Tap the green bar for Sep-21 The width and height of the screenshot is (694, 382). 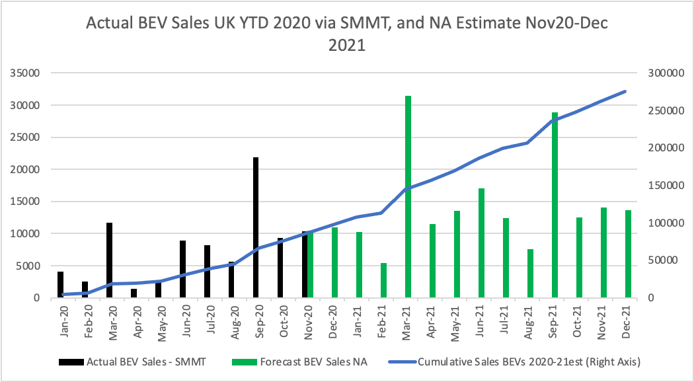coord(555,205)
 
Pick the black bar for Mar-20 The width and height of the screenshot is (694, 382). coord(109,260)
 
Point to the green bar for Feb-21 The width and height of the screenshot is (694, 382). coord(383,280)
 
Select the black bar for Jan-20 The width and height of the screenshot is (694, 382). coord(60,285)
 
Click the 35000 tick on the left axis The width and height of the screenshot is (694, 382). coord(24,73)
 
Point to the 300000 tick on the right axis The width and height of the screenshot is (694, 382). coord(663,73)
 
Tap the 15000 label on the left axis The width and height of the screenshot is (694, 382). coord(24,202)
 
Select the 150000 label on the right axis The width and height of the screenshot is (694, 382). coord(663,186)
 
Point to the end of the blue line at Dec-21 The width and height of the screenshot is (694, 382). coord(626,91)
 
